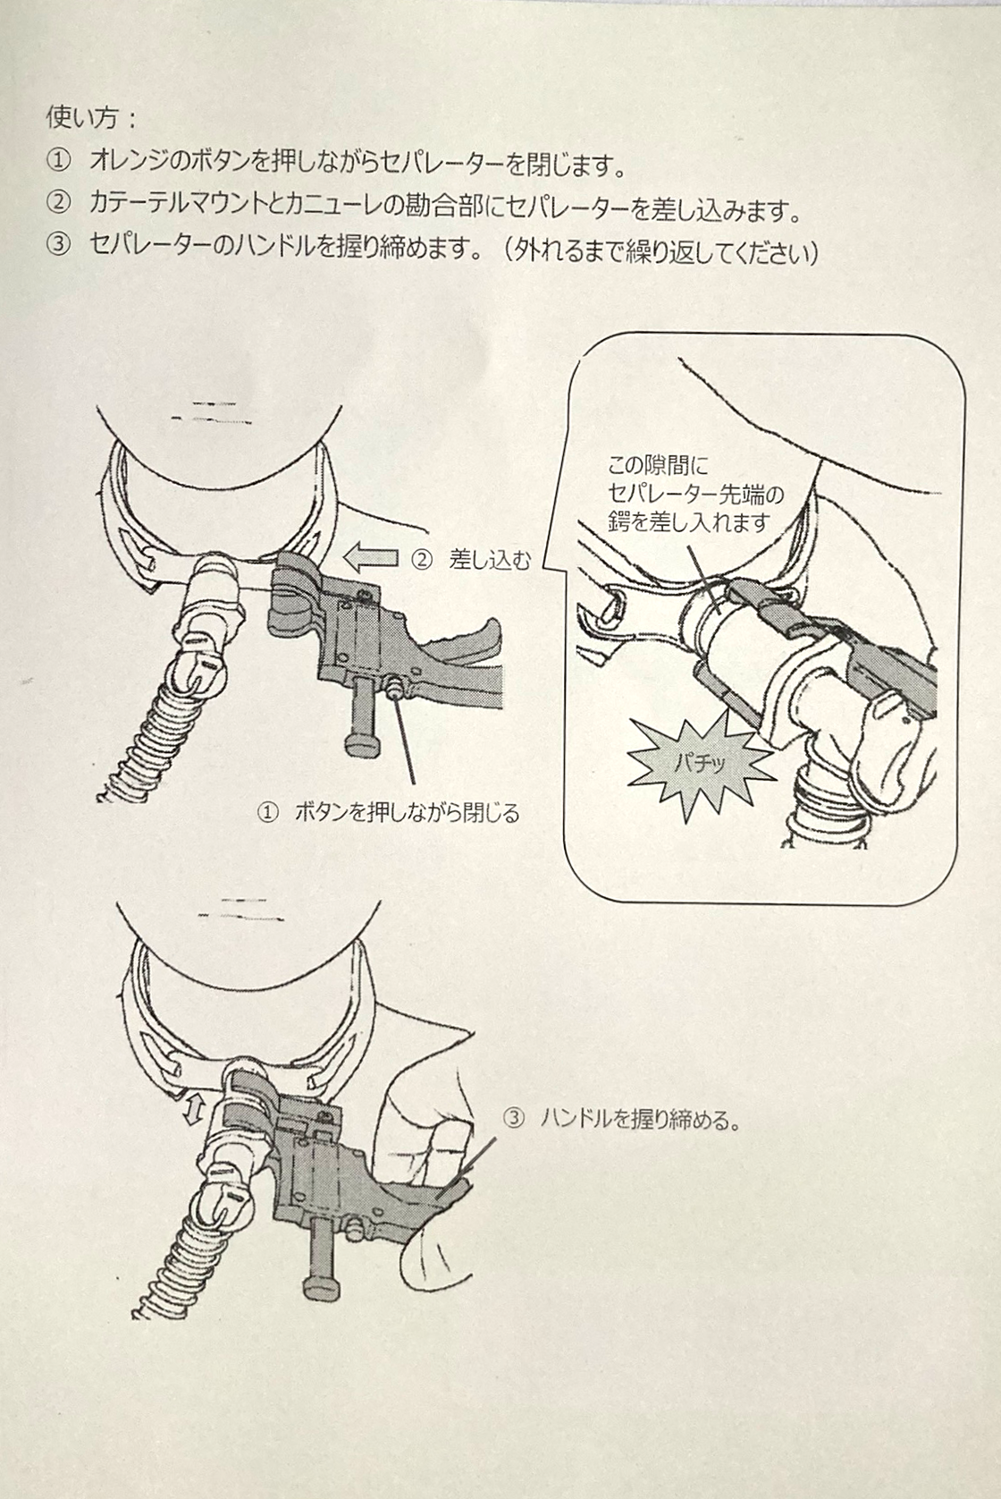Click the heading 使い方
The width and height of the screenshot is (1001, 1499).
[83, 120]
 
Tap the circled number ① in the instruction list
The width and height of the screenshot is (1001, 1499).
[59, 162]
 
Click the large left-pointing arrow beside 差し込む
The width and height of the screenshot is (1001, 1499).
[370, 558]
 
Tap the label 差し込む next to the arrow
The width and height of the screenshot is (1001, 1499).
[490, 560]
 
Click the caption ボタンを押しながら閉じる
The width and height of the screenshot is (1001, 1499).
[408, 814]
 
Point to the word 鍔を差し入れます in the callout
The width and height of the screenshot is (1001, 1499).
[689, 521]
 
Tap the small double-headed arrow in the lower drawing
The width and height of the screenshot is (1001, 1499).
[194, 1112]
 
